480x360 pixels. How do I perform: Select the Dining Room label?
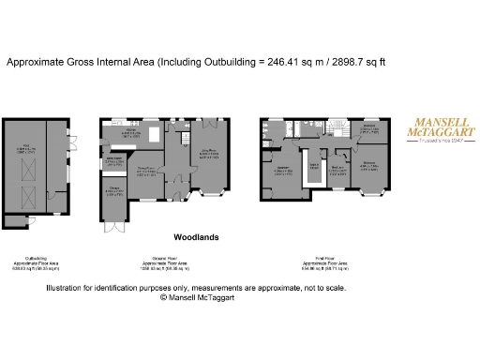tap(145, 169)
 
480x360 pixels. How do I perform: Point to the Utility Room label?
tap(114, 158)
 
